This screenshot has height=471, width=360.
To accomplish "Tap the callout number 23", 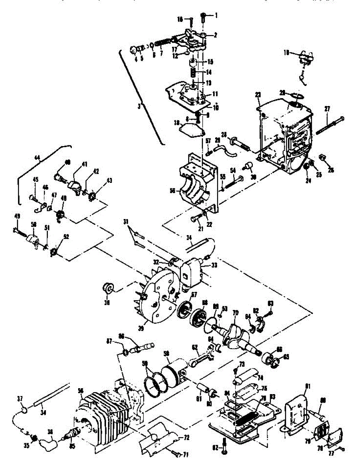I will pyautogui.click(x=258, y=95).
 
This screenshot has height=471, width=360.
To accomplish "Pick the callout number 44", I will pyautogui.click(x=37, y=158).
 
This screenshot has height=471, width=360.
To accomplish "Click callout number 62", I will pyautogui.click(x=194, y=347).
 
